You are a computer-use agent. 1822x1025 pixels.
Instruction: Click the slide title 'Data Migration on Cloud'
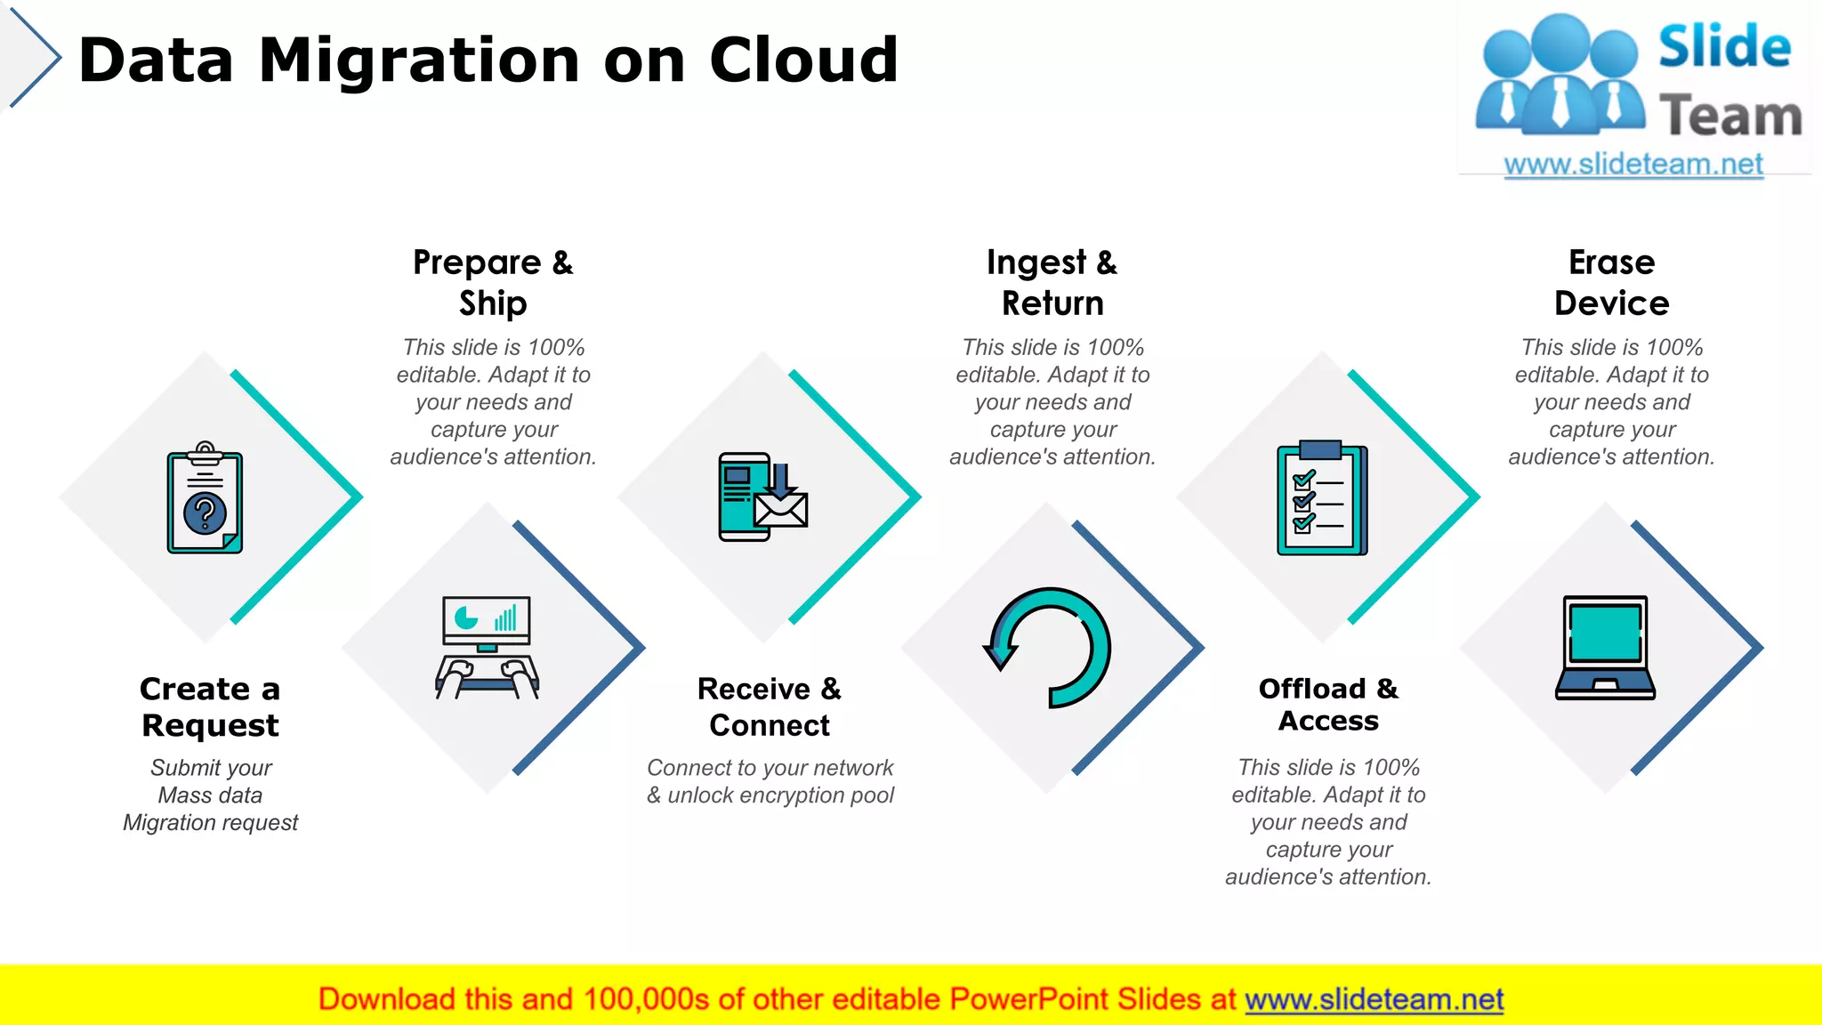(488, 61)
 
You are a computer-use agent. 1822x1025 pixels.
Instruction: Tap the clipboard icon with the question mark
(205, 500)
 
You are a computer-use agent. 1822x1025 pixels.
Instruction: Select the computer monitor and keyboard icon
(487, 648)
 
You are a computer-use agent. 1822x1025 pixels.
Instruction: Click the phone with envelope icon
(763, 497)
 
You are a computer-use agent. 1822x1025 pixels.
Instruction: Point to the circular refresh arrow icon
(1048, 648)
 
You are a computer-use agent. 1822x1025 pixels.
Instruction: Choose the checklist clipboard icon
(1322, 498)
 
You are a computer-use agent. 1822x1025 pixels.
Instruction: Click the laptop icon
(1605, 648)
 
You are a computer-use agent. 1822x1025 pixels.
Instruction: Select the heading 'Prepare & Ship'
(493, 282)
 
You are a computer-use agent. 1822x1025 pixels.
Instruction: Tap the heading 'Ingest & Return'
(1052, 282)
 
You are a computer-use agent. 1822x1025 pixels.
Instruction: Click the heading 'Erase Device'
(1611, 282)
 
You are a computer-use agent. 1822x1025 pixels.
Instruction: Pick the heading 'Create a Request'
(210, 706)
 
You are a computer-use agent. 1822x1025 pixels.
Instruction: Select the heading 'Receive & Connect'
(770, 706)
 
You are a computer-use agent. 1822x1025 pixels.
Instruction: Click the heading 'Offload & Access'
(1328, 704)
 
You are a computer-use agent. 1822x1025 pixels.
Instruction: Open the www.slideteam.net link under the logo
(1633, 164)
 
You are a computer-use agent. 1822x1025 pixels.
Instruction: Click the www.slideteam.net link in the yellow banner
(1374, 999)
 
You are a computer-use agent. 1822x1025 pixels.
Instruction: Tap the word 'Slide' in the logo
(1724, 47)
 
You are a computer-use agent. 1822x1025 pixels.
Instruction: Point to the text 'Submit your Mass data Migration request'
(211, 795)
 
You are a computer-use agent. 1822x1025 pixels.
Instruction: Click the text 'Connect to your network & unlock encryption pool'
(770, 781)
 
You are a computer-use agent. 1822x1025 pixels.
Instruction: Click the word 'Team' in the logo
(1730, 117)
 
